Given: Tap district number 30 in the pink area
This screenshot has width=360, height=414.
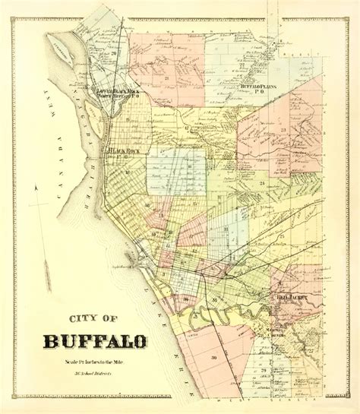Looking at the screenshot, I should point(215,358).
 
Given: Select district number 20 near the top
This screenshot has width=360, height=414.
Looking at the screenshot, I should point(113,54).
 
